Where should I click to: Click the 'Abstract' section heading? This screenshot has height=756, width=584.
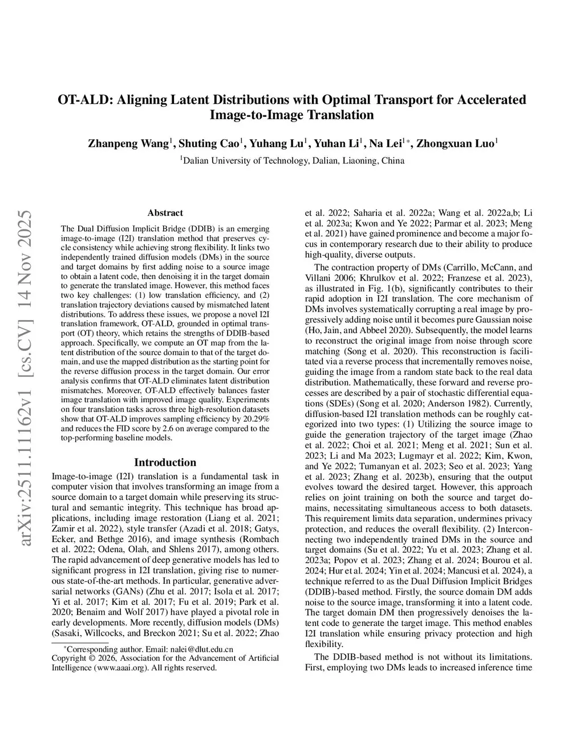165,213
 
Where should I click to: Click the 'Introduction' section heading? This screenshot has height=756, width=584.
165,462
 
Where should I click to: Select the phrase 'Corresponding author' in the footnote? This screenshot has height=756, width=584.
100,649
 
